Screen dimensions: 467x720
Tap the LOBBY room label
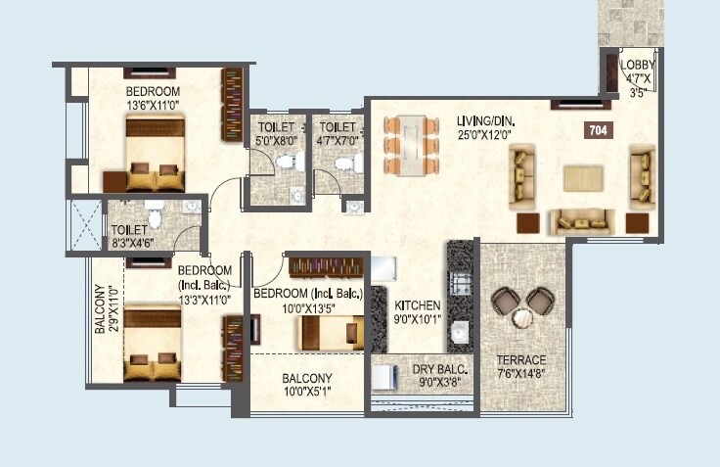pos(638,67)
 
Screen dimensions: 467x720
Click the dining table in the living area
pos(411,144)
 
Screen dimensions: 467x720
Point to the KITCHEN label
pos(419,305)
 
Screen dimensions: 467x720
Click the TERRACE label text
pos(521,359)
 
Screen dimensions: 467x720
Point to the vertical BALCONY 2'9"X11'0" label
pos(105,310)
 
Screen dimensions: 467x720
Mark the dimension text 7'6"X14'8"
pos(521,373)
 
